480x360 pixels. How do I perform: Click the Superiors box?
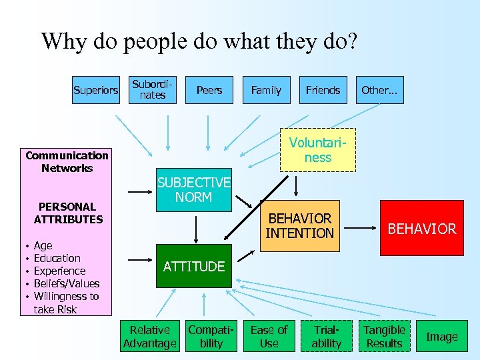pos(96,90)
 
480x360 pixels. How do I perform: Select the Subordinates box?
pos(153,90)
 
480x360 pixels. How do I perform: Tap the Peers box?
pos(209,90)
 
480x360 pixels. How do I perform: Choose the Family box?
pos(266,90)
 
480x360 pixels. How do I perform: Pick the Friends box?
pos(323,90)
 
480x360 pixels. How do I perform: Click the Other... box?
pos(379,90)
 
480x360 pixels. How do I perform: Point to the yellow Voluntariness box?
pos(318,150)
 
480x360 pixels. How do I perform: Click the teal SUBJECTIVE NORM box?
pos(193,190)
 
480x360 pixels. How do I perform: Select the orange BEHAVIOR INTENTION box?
pos(299,226)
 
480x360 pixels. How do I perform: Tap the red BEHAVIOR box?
pos(421,229)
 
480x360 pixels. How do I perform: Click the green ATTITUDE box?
pos(194,267)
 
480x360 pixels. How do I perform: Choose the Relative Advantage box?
pos(150,337)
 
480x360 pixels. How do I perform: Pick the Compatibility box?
pos(211,337)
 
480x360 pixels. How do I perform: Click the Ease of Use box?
pos(269,337)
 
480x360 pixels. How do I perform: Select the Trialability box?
pos(327,337)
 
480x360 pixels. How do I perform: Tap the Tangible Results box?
pos(384,337)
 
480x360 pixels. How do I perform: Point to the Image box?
pos(442,337)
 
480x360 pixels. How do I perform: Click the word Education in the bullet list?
pos(57,258)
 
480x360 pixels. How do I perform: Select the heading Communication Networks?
pos(67,161)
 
